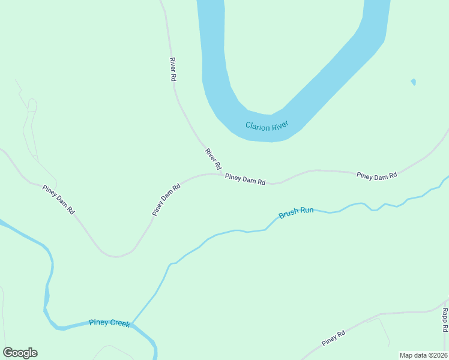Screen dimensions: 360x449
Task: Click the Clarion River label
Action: pyautogui.click(x=267, y=125)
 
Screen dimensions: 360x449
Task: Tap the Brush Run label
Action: pyautogui.click(x=296, y=212)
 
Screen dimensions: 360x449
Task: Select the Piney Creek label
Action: pyautogui.click(x=109, y=323)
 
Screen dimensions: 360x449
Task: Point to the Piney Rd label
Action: pyautogui.click(x=333, y=338)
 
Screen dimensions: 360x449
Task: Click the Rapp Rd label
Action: pyautogui.click(x=445, y=320)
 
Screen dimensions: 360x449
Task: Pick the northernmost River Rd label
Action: pyautogui.click(x=173, y=69)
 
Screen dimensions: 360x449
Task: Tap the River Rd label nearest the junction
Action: pyautogui.click(x=213, y=159)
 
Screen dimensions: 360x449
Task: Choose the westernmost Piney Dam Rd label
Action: pyautogui.click(x=58, y=200)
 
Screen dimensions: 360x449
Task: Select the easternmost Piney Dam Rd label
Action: pyautogui.click(x=376, y=176)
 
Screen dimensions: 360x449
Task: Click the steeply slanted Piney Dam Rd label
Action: pyautogui.click(x=166, y=200)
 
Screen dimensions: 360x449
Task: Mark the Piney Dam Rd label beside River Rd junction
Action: pyautogui.click(x=245, y=179)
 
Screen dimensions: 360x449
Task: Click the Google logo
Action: pyautogui.click(x=20, y=353)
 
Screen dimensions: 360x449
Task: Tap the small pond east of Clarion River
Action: pyautogui.click(x=413, y=81)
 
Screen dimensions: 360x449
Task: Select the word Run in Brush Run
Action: pyautogui.click(x=306, y=211)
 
